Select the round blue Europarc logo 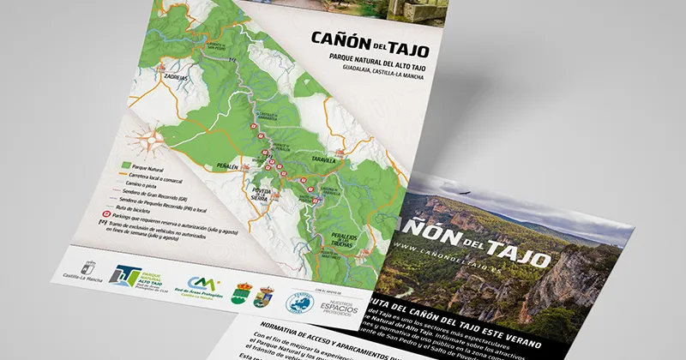298,302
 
